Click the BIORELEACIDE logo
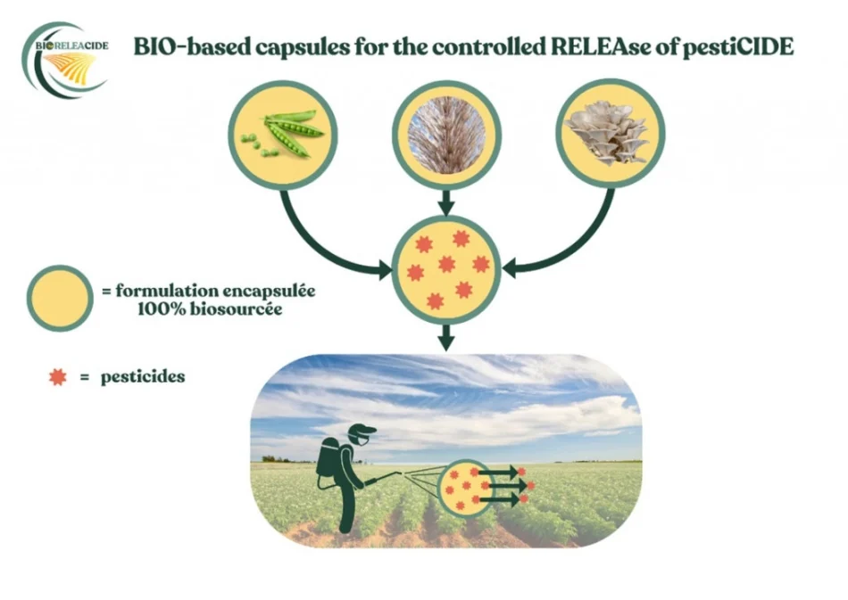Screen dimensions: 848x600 tap(65, 61)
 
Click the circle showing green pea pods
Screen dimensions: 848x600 tap(282, 135)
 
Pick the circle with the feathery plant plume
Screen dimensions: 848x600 tap(446, 135)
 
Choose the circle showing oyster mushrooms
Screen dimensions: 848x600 tap(610, 134)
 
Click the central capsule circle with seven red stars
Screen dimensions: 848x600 tap(446, 269)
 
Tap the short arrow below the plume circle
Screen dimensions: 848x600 tap(446, 203)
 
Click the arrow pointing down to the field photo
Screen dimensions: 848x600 tap(446, 337)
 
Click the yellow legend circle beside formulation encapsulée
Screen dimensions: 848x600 tap(60, 298)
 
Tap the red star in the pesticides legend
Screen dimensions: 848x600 tap(58, 377)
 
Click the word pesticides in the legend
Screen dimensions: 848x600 tap(143, 377)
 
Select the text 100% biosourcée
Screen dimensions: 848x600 tap(210, 309)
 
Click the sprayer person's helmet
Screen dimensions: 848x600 tap(361, 433)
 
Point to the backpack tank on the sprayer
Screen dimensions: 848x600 tap(328, 458)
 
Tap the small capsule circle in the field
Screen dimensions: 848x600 tap(464, 488)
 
